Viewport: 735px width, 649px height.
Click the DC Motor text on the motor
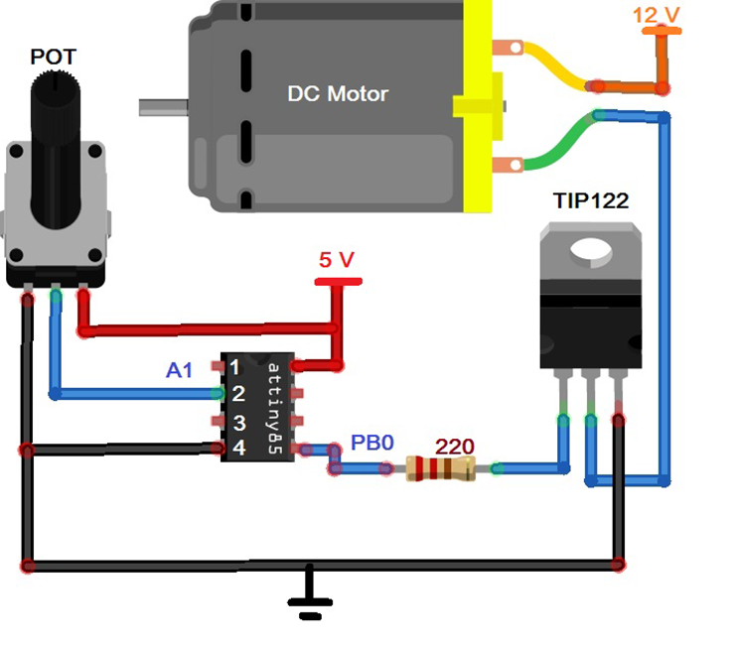pos(338,94)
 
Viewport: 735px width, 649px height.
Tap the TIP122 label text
pos(590,200)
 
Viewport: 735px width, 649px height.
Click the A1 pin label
pos(179,370)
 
